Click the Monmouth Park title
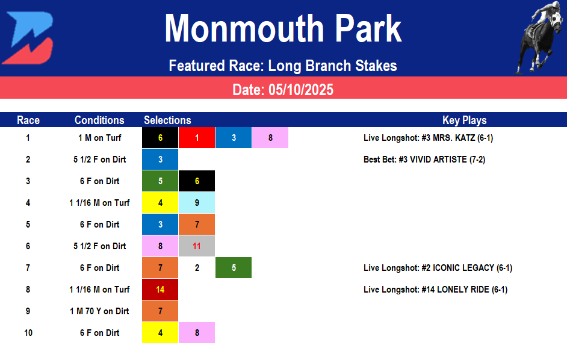tap(283, 29)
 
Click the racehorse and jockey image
tap(539, 37)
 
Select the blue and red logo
tap(28, 37)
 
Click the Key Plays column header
tap(464, 120)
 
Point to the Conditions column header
tap(99, 120)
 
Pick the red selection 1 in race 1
tap(197, 138)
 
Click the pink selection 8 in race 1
tap(270, 138)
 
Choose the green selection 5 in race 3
tap(160, 181)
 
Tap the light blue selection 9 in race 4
tap(197, 203)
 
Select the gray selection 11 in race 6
tap(197, 246)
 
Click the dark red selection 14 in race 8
tap(160, 290)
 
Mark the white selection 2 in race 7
tap(197, 268)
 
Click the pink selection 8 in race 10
tap(197, 333)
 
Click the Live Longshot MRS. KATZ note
tap(428, 138)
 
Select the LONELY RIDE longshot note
tap(435, 290)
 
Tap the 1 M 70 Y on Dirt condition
tap(99, 311)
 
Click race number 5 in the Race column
tap(28, 225)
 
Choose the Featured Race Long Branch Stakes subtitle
tap(283, 65)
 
